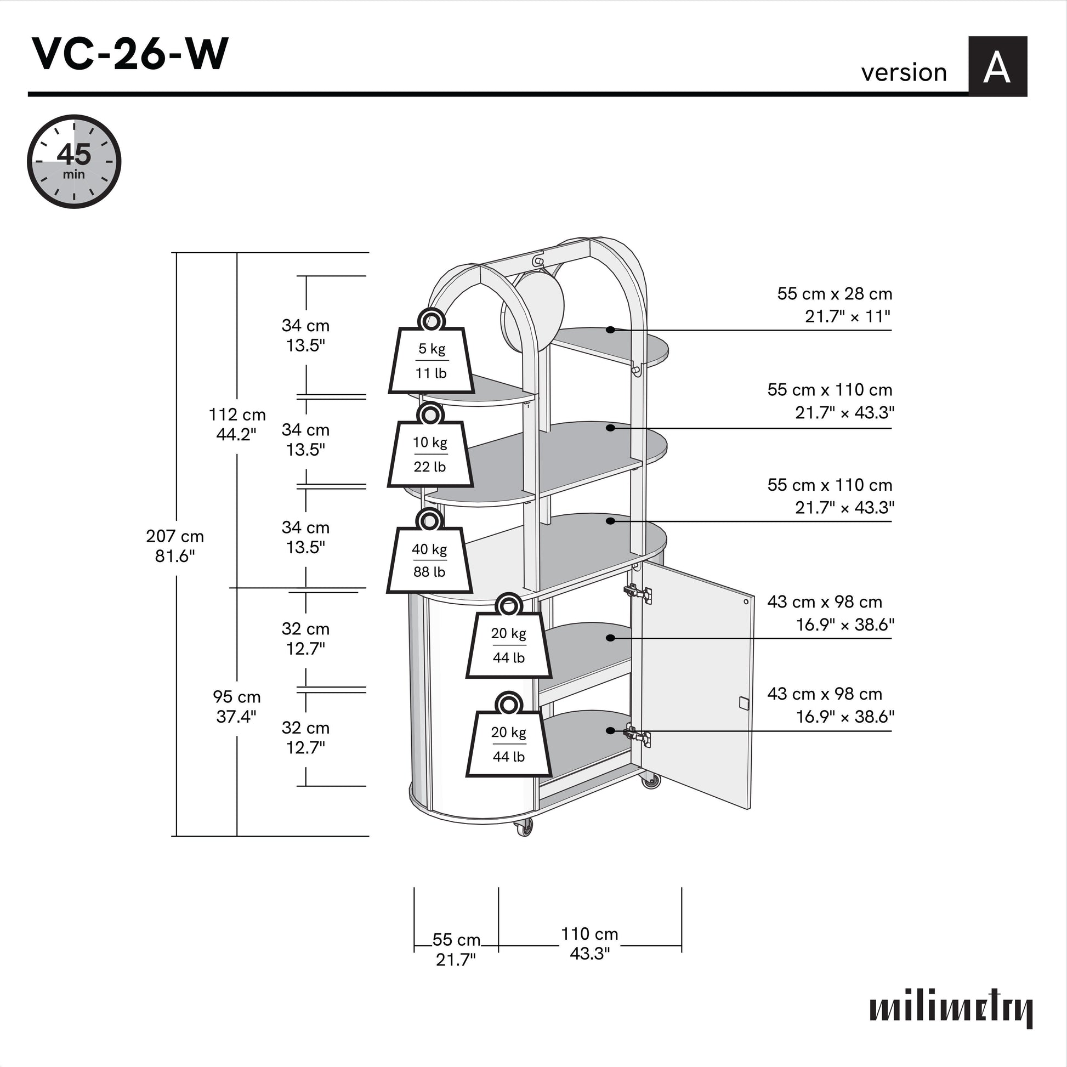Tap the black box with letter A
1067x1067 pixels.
point(997,67)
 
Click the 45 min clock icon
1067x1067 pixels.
point(74,161)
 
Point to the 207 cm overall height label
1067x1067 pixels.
point(174,546)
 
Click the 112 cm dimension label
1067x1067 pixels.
point(237,424)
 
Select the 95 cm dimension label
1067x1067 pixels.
point(236,706)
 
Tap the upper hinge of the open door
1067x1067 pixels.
point(638,594)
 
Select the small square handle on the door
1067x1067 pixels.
point(744,702)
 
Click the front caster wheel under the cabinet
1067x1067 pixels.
point(524,826)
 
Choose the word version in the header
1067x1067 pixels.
point(904,72)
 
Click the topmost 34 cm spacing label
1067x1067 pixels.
point(305,335)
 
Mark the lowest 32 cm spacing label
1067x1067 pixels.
point(305,737)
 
